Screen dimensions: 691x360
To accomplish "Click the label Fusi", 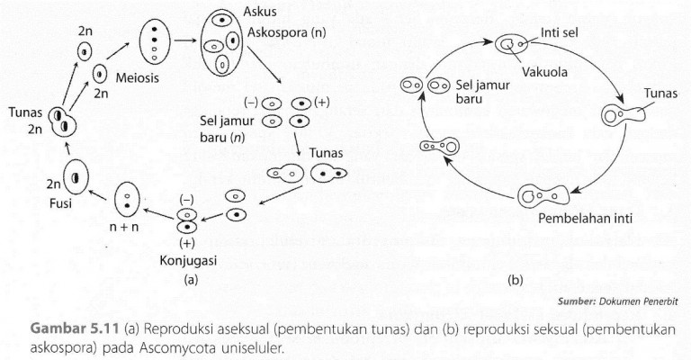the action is pos(74,205).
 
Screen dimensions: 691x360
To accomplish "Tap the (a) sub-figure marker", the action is pos(191,279).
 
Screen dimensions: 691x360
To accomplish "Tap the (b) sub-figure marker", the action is pos(516,279).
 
